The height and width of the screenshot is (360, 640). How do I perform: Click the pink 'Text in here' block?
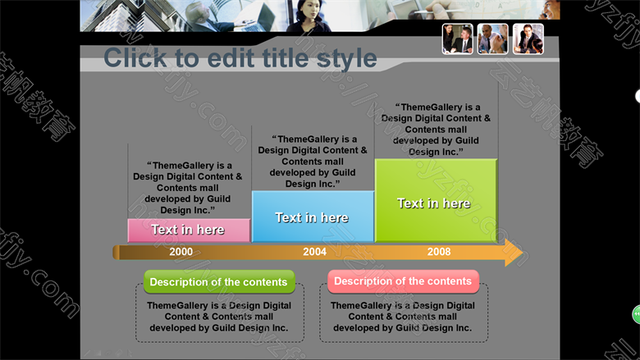pyautogui.click(x=189, y=230)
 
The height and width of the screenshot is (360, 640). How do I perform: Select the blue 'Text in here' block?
pyautogui.click(x=313, y=216)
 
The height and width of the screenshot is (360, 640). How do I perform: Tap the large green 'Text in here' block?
pyautogui.click(x=436, y=201)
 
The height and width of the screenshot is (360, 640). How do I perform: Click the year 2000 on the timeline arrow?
pyautogui.click(x=181, y=252)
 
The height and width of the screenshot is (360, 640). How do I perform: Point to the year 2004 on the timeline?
pyautogui.click(x=314, y=252)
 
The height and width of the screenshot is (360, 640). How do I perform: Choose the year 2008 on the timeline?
pyautogui.click(x=439, y=252)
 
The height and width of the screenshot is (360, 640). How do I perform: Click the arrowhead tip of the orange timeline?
pyautogui.click(x=523, y=253)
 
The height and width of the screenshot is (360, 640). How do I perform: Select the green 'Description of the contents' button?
pyautogui.click(x=219, y=282)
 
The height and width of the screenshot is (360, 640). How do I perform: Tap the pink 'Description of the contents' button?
pyautogui.click(x=403, y=281)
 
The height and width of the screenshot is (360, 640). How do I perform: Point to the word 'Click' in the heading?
pyautogui.click(x=135, y=58)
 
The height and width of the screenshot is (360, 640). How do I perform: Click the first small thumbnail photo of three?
pyautogui.click(x=458, y=39)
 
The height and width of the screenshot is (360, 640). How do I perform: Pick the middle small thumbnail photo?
pyautogui.click(x=492, y=39)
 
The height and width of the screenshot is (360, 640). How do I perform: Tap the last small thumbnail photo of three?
pyautogui.click(x=528, y=39)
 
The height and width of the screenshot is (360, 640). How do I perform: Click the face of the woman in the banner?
pyautogui.click(x=309, y=10)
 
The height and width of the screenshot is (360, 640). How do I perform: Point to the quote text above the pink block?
pyautogui.click(x=187, y=188)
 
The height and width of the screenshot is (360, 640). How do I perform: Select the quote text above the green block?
pyautogui.click(x=436, y=130)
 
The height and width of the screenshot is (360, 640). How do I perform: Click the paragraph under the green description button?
pyautogui.click(x=219, y=317)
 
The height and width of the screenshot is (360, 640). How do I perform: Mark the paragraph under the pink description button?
pyautogui.click(x=403, y=317)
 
